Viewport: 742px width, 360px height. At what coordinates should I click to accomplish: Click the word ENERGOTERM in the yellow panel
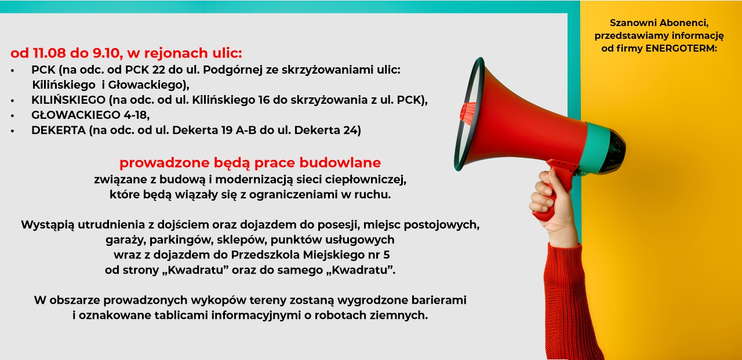click(x=681, y=48)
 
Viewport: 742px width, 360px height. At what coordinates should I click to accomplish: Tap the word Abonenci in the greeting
click(x=683, y=23)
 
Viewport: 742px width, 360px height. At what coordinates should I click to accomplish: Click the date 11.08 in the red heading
click(x=45, y=53)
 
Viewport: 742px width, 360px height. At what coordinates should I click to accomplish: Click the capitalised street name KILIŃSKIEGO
click(x=68, y=100)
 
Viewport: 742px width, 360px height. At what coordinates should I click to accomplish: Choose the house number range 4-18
click(x=136, y=115)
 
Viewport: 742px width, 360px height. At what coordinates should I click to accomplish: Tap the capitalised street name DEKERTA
click(x=59, y=130)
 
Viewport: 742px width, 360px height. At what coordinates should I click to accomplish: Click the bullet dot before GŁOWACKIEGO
click(x=13, y=115)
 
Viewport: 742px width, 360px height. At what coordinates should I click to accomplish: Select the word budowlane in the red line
click(x=340, y=163)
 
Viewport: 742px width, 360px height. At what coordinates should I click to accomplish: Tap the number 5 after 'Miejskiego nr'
click(x=386, y=255)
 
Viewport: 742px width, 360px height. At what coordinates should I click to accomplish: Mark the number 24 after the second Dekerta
click(x=351, y=130)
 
